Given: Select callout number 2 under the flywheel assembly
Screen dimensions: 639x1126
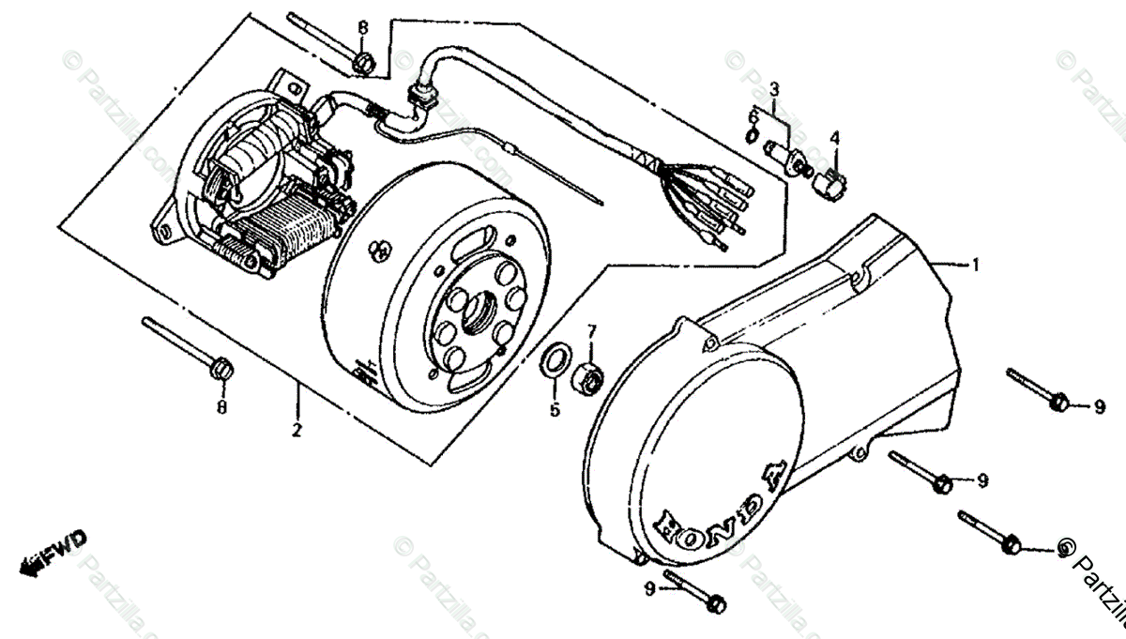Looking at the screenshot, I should pos(297,431).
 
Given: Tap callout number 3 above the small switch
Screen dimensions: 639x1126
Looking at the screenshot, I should pos(774,90).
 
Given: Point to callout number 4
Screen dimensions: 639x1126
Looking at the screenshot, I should pos(834,138).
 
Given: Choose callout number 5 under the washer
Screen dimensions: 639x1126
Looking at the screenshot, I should pos(554,409).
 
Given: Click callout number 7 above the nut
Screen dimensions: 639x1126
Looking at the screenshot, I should pos(592,330).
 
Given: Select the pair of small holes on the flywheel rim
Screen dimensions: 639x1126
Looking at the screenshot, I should pos(381,251).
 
